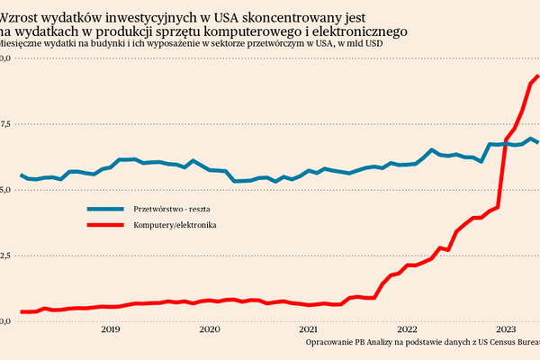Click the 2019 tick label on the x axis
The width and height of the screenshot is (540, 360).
coord(110,329)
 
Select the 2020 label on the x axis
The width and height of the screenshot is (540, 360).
coord(209,329)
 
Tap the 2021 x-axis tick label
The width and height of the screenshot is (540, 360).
coord(308,329)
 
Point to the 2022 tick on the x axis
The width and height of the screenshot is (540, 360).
coord(407,329)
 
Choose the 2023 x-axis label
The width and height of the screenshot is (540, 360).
coord(506,329)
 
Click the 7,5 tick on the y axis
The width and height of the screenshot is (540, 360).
coord(4,125)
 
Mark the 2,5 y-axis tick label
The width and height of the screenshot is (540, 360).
coord(4,256)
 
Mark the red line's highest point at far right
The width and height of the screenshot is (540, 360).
coord(537,76)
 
